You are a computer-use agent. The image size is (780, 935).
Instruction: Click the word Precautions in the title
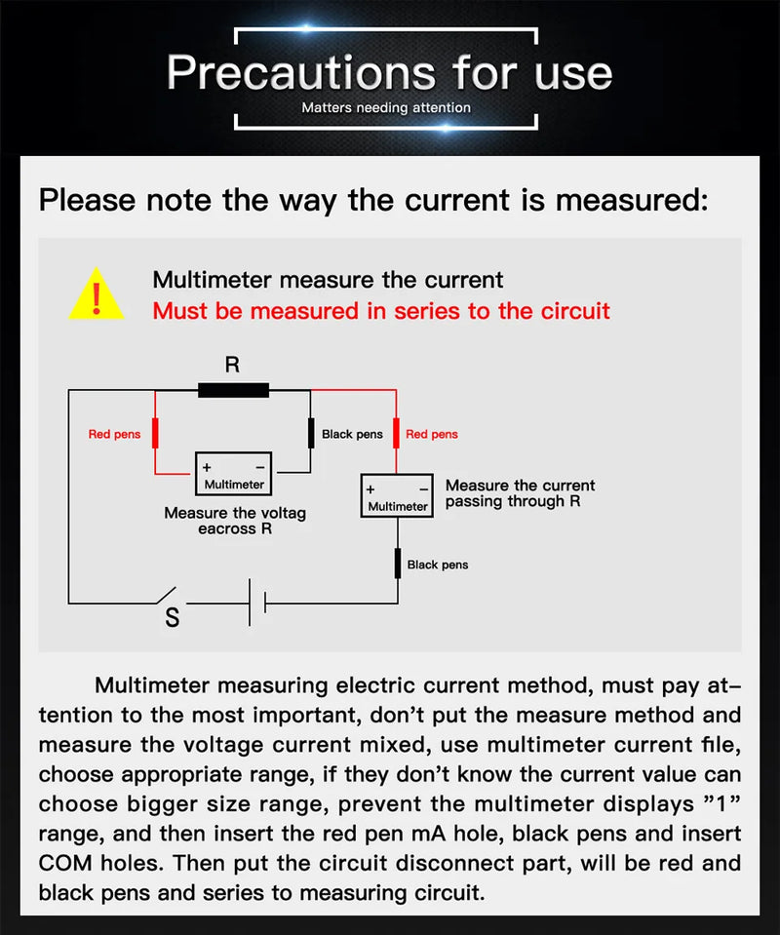click(292, 72)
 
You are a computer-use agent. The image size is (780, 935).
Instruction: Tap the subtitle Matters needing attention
click(386, 107)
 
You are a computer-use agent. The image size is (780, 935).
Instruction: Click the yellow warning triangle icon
click(96, 294)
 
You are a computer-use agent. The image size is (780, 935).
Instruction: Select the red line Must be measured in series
click(381, 311)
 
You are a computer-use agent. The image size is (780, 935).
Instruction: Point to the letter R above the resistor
click(232, 366)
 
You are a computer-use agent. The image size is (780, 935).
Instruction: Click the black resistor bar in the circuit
click(233, 390)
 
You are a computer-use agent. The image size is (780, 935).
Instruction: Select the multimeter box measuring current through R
click(397, 496)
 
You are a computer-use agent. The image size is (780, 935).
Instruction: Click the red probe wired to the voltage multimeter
click(154, 433)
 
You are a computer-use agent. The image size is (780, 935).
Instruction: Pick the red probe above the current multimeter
click(397, 433)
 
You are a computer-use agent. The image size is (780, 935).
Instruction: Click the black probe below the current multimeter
click(397, 564)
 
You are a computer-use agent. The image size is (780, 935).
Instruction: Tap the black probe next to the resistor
click(311, 433)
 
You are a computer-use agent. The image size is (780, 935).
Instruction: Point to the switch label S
click(173, 618)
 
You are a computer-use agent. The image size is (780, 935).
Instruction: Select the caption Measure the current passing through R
click(519, 493)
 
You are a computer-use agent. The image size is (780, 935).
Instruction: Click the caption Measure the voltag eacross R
click(234, 521)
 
